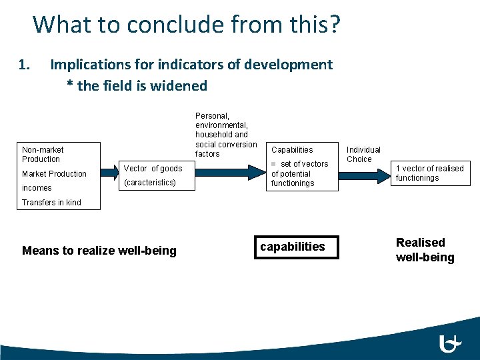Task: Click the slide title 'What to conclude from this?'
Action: pos(186,24)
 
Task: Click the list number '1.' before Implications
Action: pos(25,65)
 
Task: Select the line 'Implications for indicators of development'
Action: pos(191,65)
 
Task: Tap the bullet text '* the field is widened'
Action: pos(137,86)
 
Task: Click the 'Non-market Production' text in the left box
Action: pos(43,155)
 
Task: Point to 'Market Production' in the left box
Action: pos(54,174)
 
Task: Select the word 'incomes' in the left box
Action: pos(37,188)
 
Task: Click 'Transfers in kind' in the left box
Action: pos(51,203)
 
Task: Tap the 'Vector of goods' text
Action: pos(153,169)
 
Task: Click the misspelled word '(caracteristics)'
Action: pos(150,183)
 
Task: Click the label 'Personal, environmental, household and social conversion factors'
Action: pos(226,135)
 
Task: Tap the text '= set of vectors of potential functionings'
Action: pos(299,173)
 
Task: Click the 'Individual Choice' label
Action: pos(363,155)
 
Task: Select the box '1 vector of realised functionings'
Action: pos(429,173)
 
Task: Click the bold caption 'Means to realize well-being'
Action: pos(99,251)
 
